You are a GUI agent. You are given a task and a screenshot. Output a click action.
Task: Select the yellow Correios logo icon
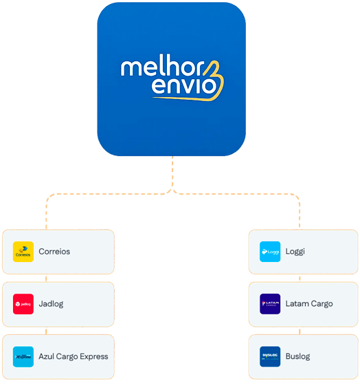23,252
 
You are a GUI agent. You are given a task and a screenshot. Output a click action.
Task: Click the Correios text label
54,252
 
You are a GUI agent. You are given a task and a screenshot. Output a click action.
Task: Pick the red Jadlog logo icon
23,304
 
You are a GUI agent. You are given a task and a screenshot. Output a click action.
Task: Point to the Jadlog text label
51,304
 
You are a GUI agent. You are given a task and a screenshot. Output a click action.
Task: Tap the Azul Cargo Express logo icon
23,356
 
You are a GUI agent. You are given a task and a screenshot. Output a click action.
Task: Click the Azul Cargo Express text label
74,356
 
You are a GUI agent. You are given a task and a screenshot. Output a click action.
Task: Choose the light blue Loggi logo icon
270,252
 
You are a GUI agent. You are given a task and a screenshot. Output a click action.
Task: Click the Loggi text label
295,252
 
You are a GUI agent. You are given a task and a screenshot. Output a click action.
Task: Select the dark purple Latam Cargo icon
270,304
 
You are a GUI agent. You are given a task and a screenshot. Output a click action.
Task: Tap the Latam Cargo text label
309,304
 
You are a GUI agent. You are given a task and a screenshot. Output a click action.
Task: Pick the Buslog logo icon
270,356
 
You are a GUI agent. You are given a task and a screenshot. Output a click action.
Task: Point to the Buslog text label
298,356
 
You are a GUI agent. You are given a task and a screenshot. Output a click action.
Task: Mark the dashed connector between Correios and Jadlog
46,278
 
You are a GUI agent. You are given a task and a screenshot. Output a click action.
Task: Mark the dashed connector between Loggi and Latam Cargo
300,278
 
